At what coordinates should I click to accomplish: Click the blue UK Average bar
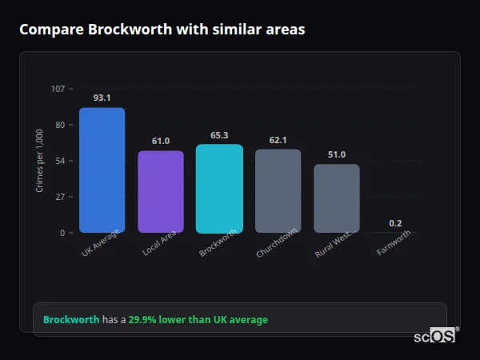(102, 170)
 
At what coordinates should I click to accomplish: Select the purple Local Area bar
(161, 191)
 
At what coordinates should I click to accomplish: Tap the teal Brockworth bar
(219, 188)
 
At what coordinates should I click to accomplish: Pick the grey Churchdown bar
(278, 190)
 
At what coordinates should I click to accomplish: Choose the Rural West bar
(337, 198)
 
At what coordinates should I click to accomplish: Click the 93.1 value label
(102, 98)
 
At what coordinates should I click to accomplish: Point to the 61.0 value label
(161, 141)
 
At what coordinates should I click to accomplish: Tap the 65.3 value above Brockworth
(219, 135)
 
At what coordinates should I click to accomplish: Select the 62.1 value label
(278, 140)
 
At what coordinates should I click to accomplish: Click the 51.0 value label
(337, 154)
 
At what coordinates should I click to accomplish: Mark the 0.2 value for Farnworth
(395, 223)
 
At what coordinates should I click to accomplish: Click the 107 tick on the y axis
(58, 89)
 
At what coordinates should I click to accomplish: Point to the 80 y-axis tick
(59, 125)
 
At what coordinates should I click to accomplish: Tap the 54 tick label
(59, 161)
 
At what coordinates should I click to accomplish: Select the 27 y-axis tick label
(59, 197)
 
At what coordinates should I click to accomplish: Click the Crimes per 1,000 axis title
(40, 161)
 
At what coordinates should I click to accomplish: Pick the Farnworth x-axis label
(394, 243)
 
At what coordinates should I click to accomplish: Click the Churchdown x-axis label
(277, 244)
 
